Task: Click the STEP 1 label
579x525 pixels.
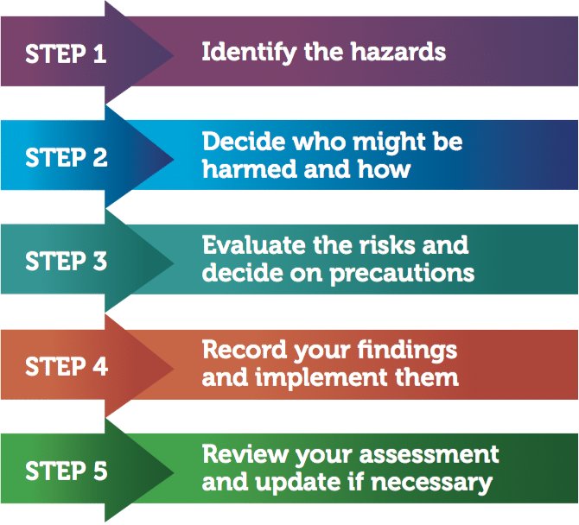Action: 66,54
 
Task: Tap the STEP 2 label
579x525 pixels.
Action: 66,158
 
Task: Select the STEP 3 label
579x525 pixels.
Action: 66,262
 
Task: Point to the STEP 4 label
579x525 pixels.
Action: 66,366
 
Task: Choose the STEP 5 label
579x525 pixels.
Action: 66,471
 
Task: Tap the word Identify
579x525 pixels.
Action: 241,52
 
